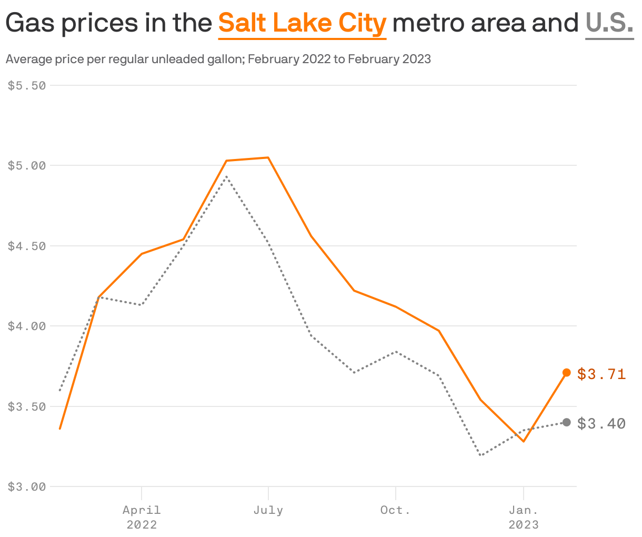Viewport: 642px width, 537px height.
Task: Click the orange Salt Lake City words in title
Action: [302, 23]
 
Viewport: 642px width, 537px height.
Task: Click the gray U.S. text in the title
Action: [609, 23]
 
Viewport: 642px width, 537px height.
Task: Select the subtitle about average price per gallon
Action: [218, 59]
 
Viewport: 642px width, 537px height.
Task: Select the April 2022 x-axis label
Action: [142, 517]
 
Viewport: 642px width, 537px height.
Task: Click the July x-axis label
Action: [268, 510]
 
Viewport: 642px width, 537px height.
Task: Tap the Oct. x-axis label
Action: [395, 510]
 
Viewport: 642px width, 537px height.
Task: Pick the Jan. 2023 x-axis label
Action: [523, 517]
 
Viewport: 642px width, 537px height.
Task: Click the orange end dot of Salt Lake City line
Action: [567, 373]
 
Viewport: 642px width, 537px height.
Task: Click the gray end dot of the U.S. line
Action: [567, 422]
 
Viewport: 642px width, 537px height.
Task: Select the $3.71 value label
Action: [601, 374]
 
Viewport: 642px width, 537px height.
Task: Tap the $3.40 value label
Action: [601, 423]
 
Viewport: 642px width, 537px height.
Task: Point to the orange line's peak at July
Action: [268, 157]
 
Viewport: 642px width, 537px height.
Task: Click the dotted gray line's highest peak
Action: [226, 176]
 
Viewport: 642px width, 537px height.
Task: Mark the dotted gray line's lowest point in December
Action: [480, 455]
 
